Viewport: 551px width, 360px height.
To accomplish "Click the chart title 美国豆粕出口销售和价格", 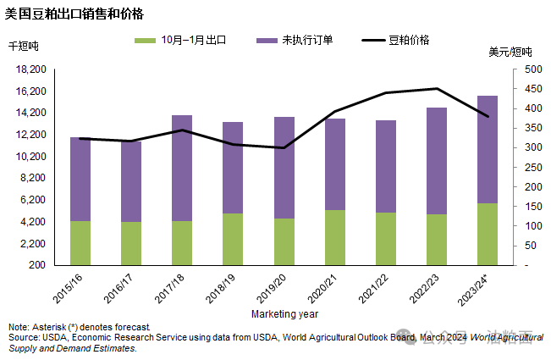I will click(x=74, y=14).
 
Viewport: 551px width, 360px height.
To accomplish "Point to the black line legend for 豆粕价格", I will click(x=373, y=41).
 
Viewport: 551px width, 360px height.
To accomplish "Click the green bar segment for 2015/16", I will click(x=80, y=243).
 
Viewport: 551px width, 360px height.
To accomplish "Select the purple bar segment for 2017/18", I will click(x=182, y=168).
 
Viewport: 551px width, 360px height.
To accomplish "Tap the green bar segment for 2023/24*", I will click(x=488, y=234).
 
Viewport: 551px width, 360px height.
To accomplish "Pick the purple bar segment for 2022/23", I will click(x=437, y=161).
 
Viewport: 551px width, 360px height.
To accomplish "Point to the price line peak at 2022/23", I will click(x=437, y=89).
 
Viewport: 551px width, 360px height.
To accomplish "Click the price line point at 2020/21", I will click(x=334, y=112).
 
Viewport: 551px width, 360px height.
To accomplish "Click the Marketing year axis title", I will click(x=284, y=314).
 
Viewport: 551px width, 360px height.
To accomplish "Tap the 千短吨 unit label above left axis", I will click(x=24, y=47).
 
